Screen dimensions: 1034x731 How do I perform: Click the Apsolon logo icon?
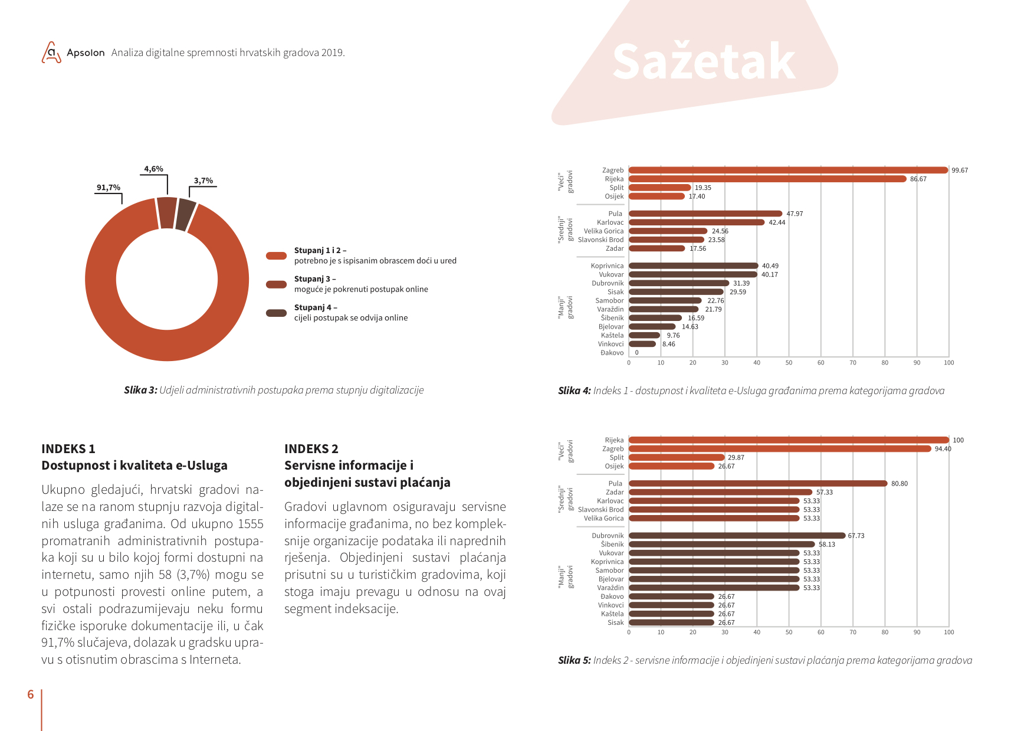[51, 53]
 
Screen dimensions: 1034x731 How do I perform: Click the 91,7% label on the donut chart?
[109, 188]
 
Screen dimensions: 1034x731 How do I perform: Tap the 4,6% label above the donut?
[153, 169]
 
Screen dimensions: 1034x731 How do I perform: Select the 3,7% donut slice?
[186, 215]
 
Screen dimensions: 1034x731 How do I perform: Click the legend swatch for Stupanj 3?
[276, 284]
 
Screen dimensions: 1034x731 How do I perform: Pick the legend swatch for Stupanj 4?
[276, 313]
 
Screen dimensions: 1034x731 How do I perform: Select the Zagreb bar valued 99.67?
[788, 171]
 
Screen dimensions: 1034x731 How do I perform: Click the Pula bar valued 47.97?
[705, 214]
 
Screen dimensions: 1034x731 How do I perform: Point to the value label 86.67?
[918, 179]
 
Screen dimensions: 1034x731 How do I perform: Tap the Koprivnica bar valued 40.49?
[694, 266]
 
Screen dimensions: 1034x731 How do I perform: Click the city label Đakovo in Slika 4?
[612, 353]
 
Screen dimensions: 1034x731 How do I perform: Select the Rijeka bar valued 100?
[789, 440]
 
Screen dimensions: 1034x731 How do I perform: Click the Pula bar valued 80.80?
[758, 484]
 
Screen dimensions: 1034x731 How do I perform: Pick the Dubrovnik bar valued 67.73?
[737, 536]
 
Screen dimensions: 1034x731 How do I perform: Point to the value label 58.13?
[827, 545]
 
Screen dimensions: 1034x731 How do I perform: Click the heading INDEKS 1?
[68, 449]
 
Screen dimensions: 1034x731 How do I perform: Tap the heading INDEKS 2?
[311, 449]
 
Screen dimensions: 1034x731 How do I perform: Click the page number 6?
[31, 694]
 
